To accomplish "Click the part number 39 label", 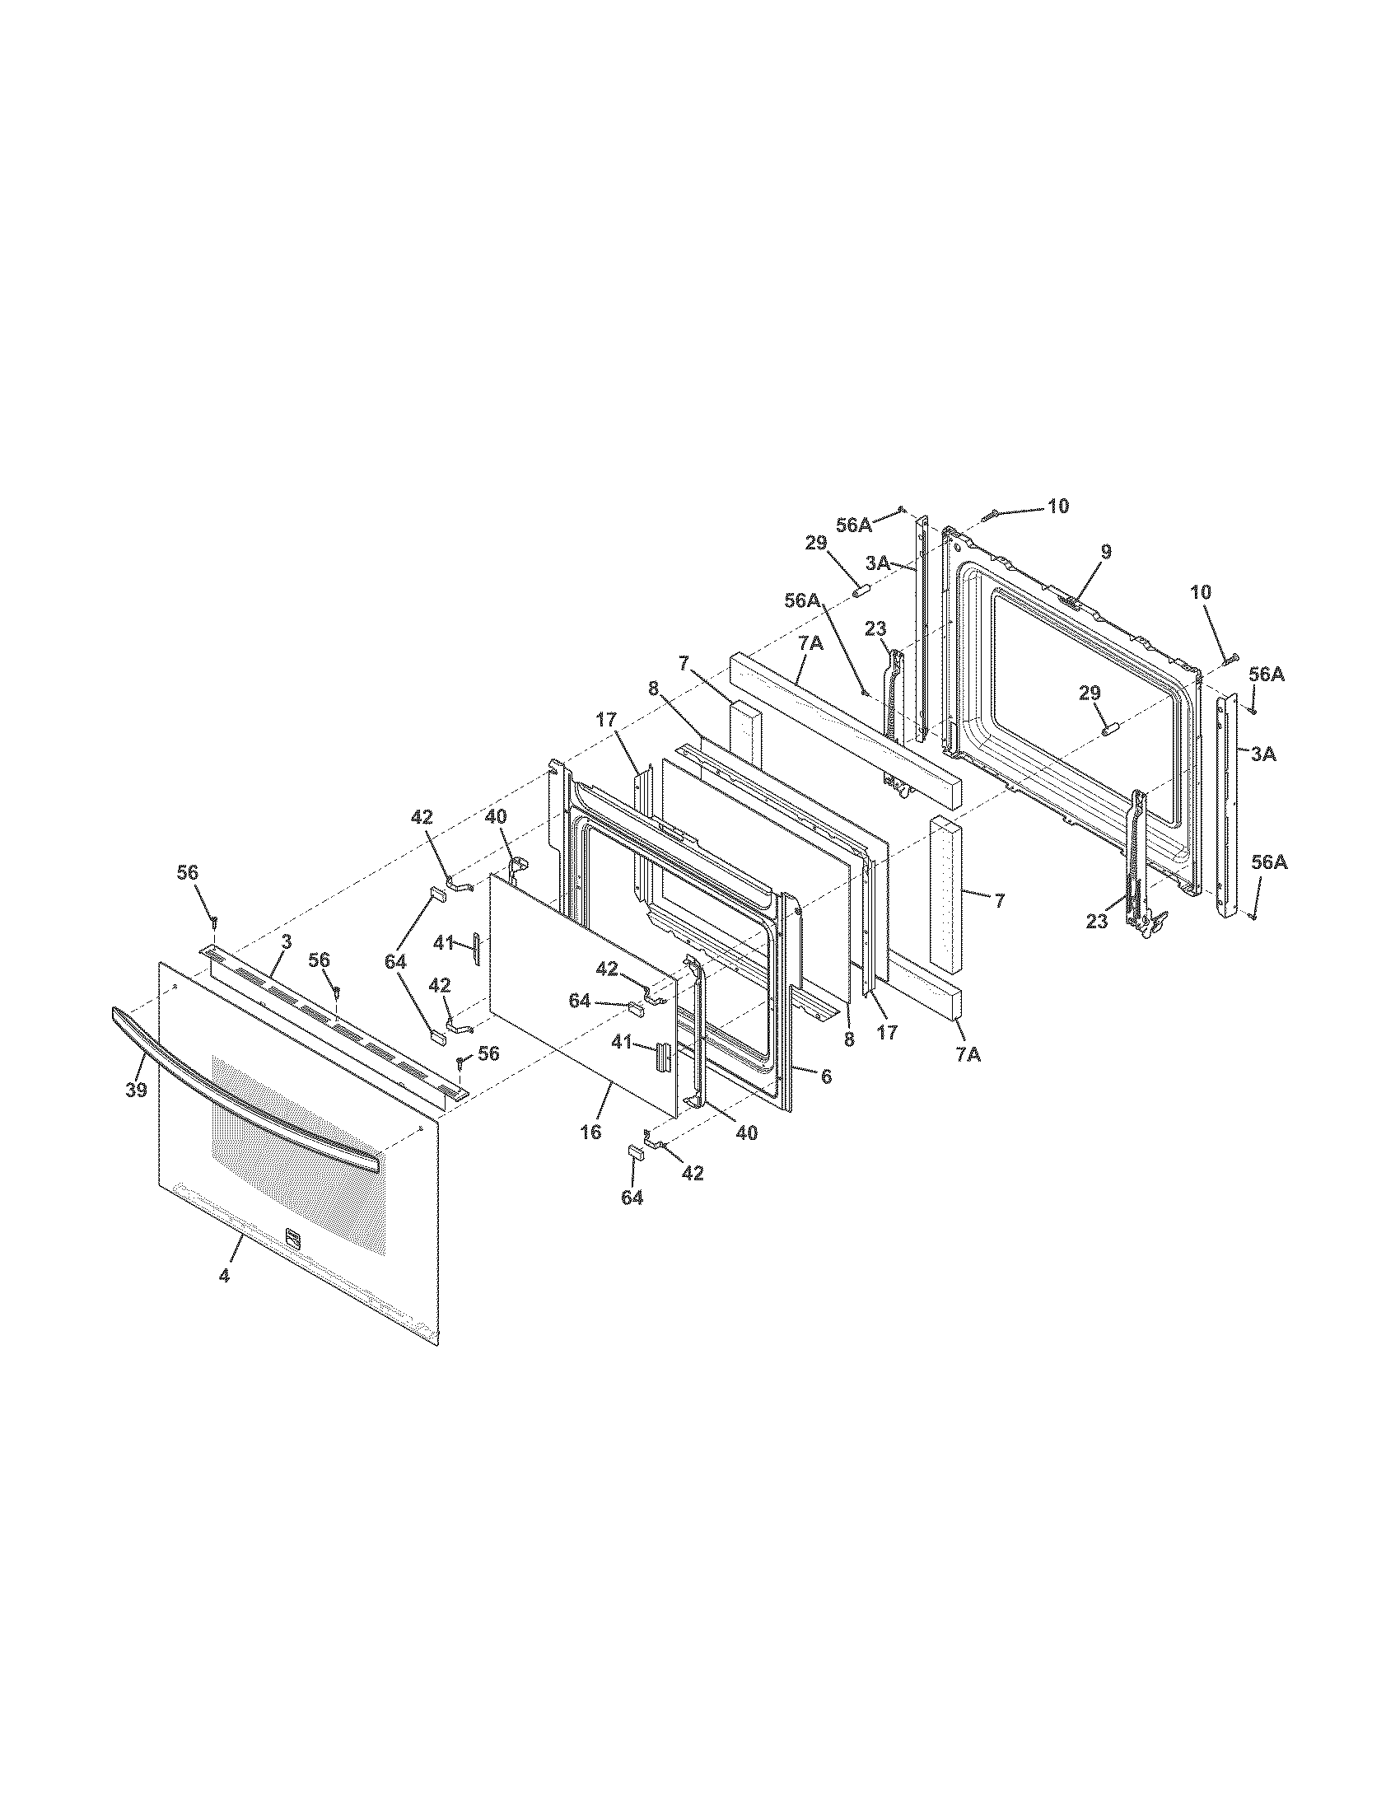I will (x=136, y=1090).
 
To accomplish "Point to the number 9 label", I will (x=1106, y=550).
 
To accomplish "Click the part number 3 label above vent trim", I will (x=285, y=941).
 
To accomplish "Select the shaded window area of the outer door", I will (x=299, y=1153).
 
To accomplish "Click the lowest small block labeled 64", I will (x=633, y=1151).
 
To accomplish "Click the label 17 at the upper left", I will (x=606, y=720).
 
